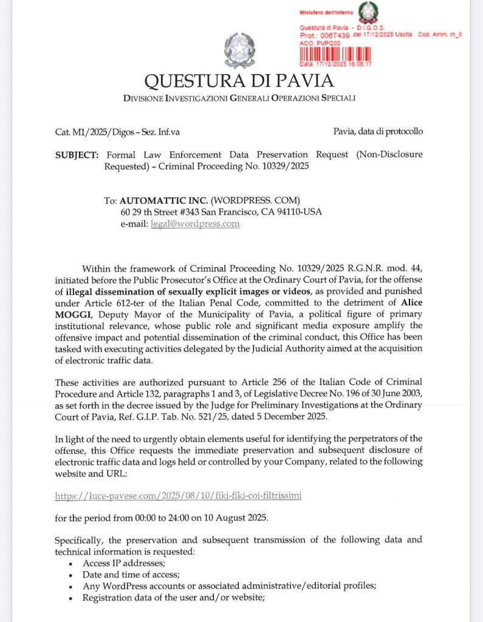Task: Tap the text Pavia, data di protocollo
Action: click(378, 131)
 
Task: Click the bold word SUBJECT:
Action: click(77, 155)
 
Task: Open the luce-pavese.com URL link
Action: click(178, 496)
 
